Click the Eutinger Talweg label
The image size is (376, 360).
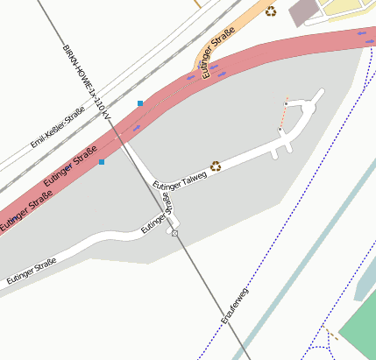pyautogui.click(x=180, y=178)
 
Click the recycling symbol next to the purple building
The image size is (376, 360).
pyautogui.click(x=272, y=11)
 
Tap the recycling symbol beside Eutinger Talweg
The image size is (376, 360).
pyautogui.click(x=215, y=164)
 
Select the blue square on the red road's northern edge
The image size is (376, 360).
pyautogui.click(x=140, y=103)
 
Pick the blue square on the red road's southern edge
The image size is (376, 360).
pyautogui.click(x=102, y=161)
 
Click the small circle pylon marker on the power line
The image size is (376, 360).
pyautogui.click(x=175, y=234)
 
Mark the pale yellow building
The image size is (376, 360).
pyautogui.click(x=351, y=9)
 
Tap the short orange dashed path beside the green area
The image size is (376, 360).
pyautogui.click(x=331, y=335)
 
